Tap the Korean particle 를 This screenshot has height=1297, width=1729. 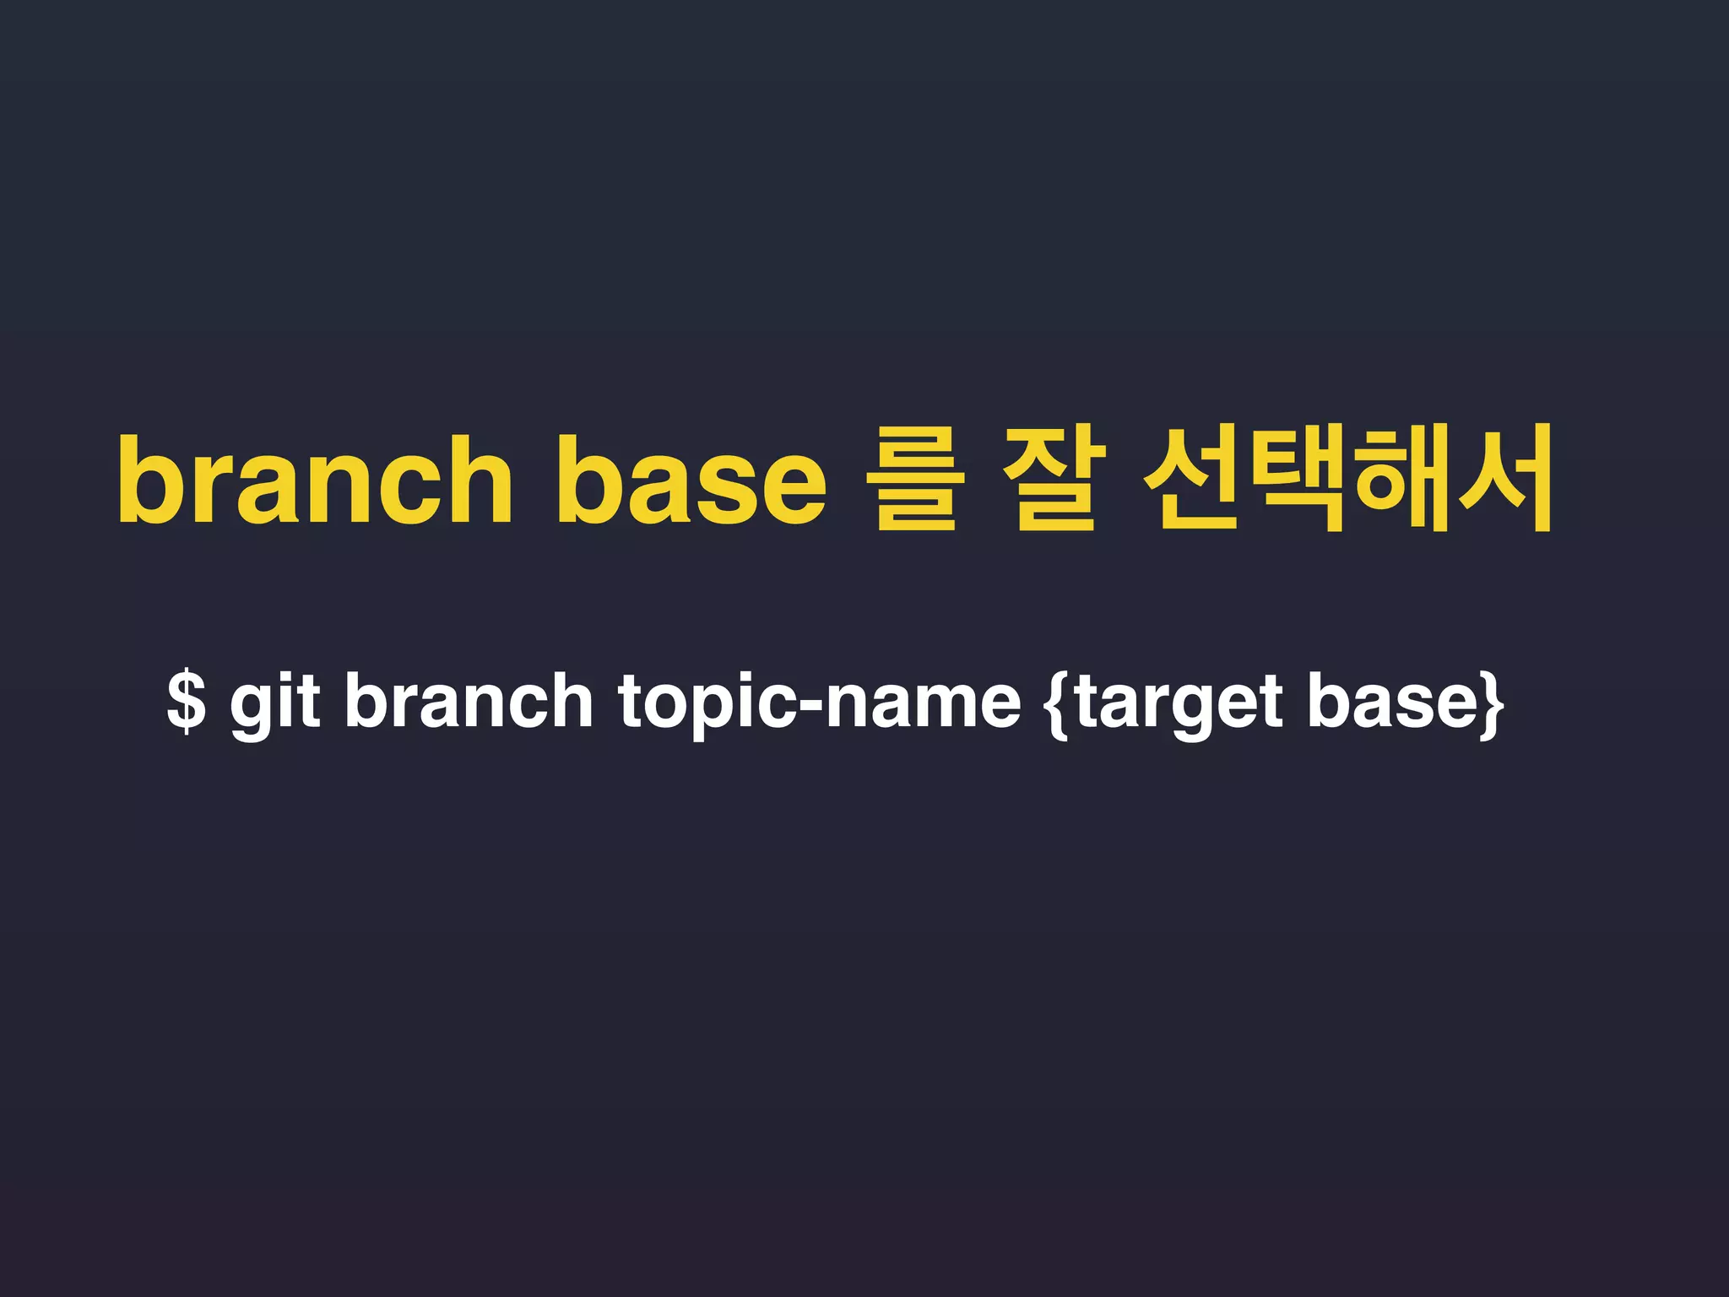coord(915,480)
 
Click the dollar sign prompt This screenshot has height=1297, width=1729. coord(187,701)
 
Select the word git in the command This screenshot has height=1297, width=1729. coord(274,703)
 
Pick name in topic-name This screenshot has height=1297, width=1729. coord(923,703)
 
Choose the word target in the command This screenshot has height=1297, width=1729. coord(1179,703)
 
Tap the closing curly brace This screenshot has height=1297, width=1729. coord(1493,703)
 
